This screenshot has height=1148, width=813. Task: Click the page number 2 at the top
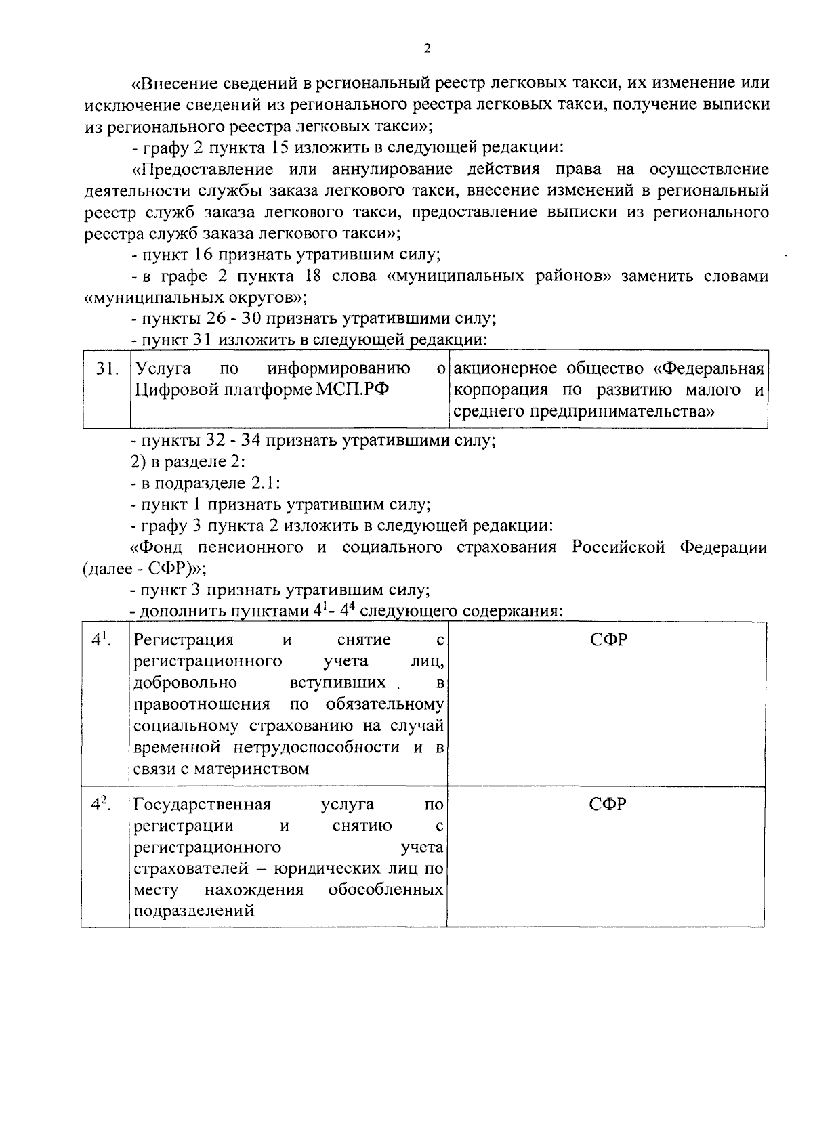[x=426, y=48]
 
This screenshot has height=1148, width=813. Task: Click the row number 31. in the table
[x=107, y=369]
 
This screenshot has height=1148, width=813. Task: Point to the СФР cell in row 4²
[x=607, y=805]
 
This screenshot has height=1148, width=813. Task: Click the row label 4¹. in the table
[x=102, y=639]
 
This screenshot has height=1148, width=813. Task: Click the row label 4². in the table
[x=102, y=804]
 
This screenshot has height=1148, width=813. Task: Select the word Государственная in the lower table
[x=203, y=805]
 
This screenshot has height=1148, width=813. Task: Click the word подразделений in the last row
[x=194, y=911]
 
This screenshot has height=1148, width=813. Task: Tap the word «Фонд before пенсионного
[x=157, y=547]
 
